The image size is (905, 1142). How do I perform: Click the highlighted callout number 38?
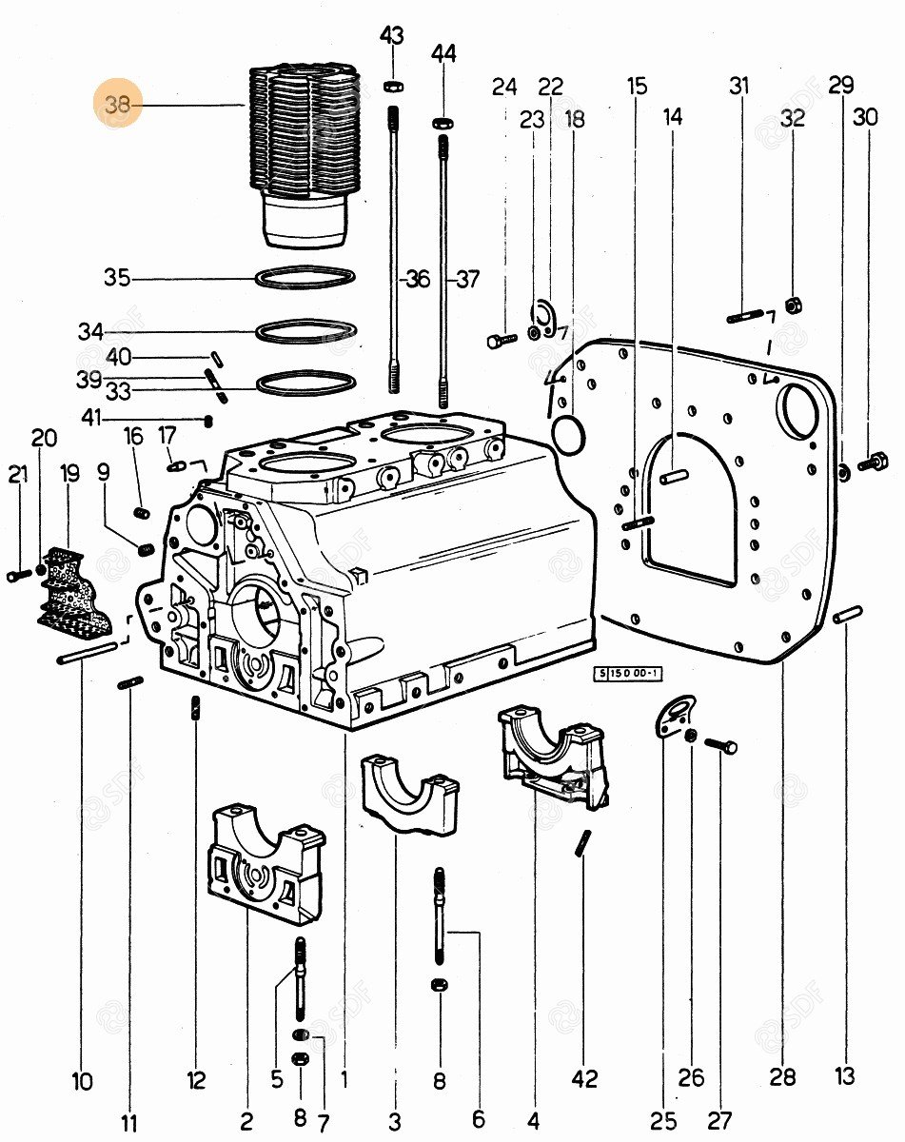(x=118, y=105)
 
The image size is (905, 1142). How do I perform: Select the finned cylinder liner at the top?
(x=304, y=152)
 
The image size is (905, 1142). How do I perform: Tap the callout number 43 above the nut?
(x=391, y=36)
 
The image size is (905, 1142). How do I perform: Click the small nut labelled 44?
(x=443, y=123)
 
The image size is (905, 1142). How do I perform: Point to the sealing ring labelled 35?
(x=307, y=278)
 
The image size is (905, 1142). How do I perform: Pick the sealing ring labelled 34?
(x=307, y=332)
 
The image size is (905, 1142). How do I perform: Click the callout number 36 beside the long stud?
(x=417, y=279)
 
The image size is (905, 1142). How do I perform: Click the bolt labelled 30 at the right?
(x=873, y=464)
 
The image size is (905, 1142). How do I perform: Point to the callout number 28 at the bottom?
(x=782, y=1076)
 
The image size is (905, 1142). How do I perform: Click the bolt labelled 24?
(x=501, y=340)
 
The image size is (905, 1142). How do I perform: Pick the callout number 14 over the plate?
(x=673, y=117)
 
